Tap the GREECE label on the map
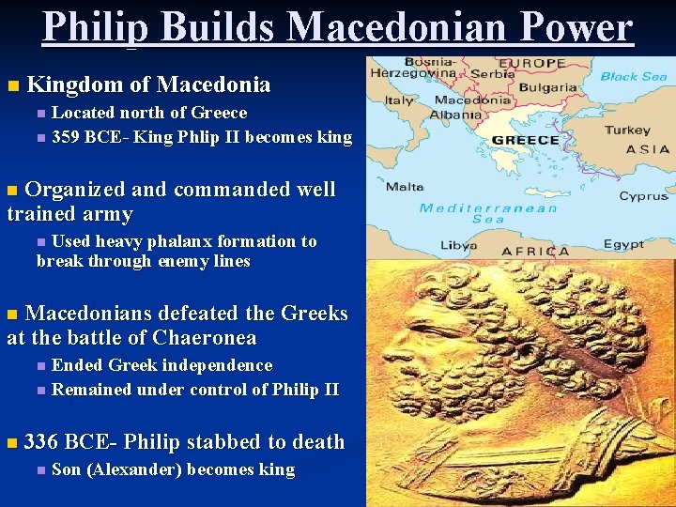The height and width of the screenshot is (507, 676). (x=526, y=140)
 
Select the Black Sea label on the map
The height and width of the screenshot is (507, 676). (x=633, y=76)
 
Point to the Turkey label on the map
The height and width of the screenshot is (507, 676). (x=627, y=131)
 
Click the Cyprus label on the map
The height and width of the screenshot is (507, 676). (x=643, y=196)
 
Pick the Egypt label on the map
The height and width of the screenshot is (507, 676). (x=623, y=244)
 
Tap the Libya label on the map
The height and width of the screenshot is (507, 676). (x=459, y=245)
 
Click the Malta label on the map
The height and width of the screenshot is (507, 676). (x=405, y=186)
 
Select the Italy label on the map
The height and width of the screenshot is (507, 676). (x=400, y=100)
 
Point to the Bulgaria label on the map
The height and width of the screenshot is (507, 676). (x=547, y=87)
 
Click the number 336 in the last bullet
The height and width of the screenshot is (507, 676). (x=41, y=441)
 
